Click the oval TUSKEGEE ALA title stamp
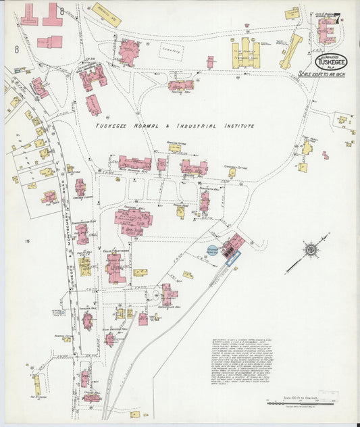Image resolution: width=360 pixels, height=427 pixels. pos(330,61)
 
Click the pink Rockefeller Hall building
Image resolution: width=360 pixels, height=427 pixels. pos(168,295)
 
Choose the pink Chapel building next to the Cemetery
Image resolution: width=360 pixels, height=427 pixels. pos(128,51)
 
